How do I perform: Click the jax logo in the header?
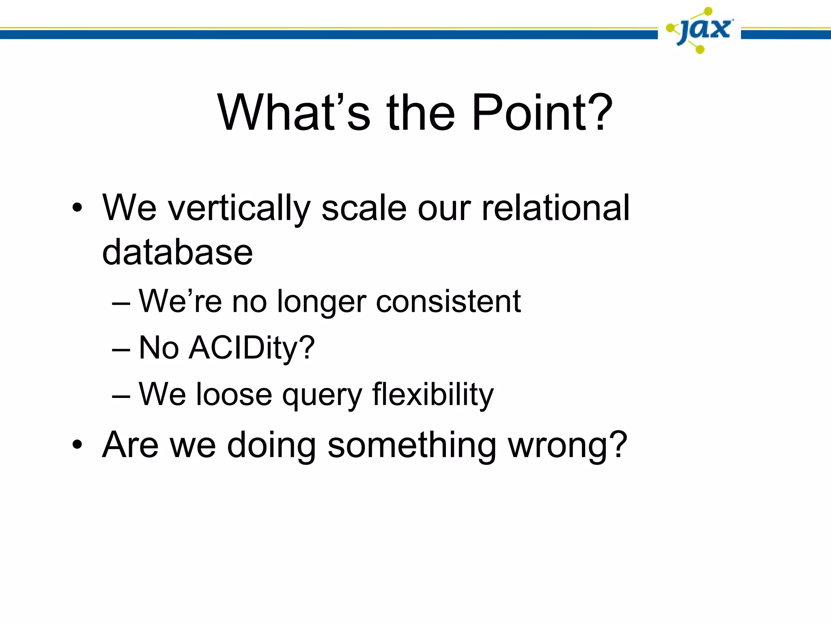[700, 30]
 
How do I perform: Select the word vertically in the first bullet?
[239, 208]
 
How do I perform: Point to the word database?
[177, 252]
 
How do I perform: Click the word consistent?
[448, 301]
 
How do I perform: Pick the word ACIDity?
[252, 348]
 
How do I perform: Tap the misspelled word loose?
[234, 394]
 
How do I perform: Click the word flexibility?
[433, 394]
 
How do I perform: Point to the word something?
[412, 445]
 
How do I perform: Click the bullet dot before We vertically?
[77, 208]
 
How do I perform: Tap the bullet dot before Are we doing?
[77, 445]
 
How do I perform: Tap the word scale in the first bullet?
[364, 208]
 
